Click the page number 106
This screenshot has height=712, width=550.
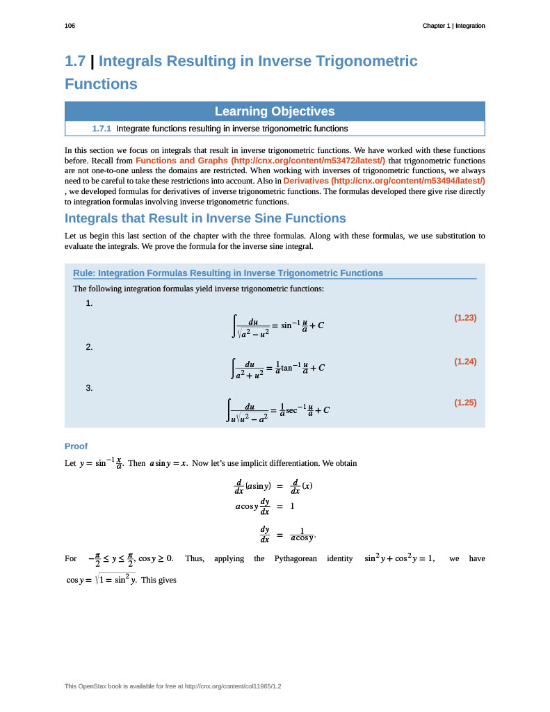click(70, 26)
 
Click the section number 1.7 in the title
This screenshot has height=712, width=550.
click(75, 61)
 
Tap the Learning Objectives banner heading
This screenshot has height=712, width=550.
click(275, 111)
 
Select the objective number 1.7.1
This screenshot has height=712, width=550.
click(102, 129)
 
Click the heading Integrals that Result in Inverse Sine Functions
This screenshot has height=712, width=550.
click(205, 218)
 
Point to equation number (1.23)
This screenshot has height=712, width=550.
click(465, 318)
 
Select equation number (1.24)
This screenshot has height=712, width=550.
click(465, 362)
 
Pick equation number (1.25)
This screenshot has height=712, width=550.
click(465, 402)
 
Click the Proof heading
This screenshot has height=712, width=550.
click(76, 446)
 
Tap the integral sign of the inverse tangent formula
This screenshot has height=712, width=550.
click(234, 368)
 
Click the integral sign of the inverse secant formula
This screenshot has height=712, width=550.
click(229, 410)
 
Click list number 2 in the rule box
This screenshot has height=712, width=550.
click(89, 347)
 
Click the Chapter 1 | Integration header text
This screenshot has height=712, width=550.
click(453, 26)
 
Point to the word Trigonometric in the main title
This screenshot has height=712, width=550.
click(368, 61)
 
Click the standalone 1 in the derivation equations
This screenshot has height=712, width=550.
click(293, 506)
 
